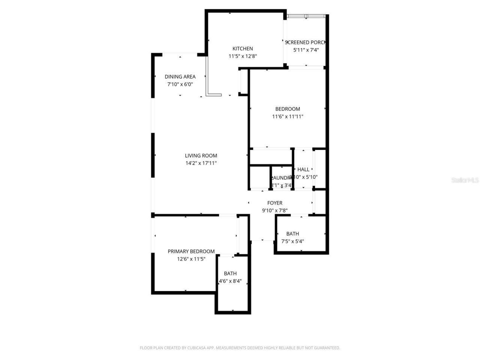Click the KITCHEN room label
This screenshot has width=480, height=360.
click(243, 48)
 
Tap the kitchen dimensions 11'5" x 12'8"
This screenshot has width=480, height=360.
click(243, 56)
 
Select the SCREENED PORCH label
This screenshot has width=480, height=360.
click(306, 42)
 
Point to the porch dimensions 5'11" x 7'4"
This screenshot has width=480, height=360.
click(306, 50)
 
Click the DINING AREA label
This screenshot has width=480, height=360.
click(180, 76)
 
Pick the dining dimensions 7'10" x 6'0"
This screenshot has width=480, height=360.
click(180, 84)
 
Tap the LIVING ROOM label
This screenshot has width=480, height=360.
click(201, 156)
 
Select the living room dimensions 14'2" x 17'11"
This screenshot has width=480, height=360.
click(201, 163)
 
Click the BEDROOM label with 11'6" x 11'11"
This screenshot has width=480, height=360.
click(288, 109)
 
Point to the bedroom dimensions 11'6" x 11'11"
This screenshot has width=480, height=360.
click(288, 117)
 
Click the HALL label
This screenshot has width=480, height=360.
click(303, 169)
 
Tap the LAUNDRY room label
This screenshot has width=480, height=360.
click(282, 178)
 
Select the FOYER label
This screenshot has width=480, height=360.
click(275, 203)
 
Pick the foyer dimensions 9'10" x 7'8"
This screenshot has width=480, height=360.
click(275, 211)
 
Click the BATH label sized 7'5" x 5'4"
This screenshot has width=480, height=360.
click(292, 234)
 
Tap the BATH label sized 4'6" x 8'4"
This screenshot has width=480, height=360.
click(230, 273)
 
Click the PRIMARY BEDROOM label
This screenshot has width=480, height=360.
click(191, 251)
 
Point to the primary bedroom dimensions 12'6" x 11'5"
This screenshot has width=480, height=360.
click(191, 259)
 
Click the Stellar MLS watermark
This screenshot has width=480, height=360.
click(465, 180)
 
